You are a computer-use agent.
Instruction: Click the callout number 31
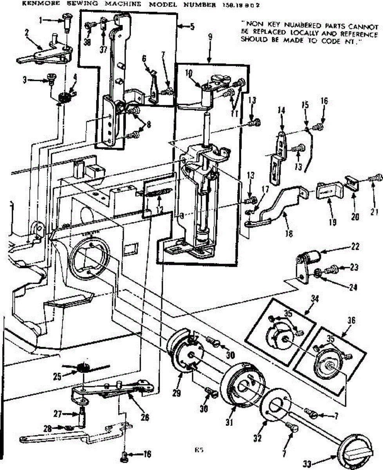(229, 422)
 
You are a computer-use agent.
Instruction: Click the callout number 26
(145, 418)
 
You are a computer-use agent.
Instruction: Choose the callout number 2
(27, 33)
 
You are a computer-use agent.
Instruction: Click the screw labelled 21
(377, 179)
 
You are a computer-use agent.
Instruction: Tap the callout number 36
(350, 320)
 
